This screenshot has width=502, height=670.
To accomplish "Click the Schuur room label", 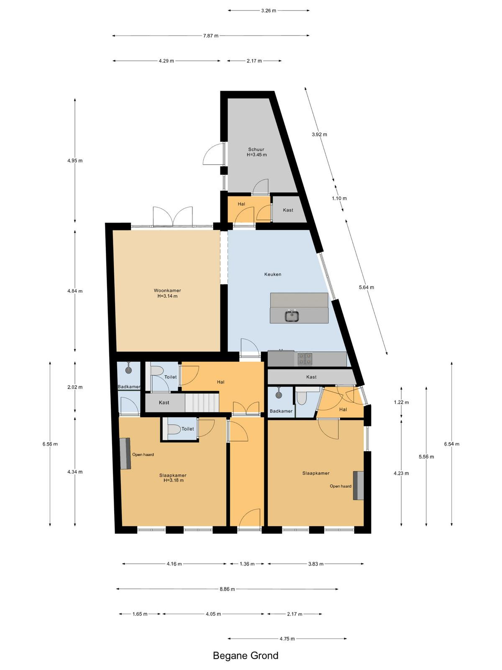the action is pyautogui.click(x=256, y=149).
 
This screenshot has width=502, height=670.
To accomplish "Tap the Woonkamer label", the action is pyautogui.click(x=167, y=291).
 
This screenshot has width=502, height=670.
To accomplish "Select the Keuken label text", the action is pyautogui.click(x=273, y=274).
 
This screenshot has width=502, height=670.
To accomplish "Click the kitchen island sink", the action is pyautogui.click(x=292, y=316).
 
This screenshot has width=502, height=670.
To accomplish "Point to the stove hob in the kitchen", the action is pyautogui.click(x=305, y=359).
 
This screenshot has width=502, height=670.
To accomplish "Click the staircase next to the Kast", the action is pyautogui.click(x=202, y=402).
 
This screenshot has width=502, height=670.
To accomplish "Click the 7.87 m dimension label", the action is pyautogui.click(x=211, y=36).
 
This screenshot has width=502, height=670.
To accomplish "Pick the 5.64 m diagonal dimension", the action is pyautogui.click(x=366, y=287).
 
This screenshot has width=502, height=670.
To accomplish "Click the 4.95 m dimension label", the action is pyautogui.click(x=75, y=160).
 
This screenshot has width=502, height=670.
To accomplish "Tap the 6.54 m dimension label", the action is pyautogui.click(x=452, y=444).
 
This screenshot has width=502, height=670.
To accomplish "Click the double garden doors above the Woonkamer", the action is pyautogui.click(x=173, y=217).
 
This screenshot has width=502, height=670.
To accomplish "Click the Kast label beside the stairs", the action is pyautogui.click(x=164, y=402).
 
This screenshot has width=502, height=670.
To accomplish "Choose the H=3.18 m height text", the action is pyautogui.click(x=174, y=480).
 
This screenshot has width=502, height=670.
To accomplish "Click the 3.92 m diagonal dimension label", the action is pyautogui.click(x=320, y=134).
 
